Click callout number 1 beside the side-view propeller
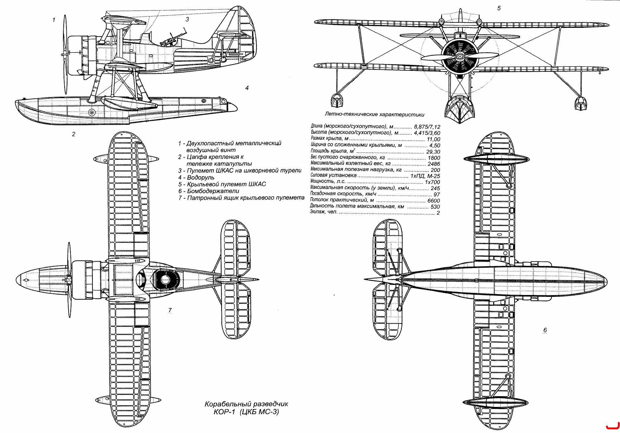point(54,20)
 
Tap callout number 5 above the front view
point(499,8)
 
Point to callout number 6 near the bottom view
point(545,330)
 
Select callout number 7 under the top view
point(170,310)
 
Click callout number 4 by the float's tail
point(247,88)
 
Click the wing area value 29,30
point(433,152)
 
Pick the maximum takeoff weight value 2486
point(434,164)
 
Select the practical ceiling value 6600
point(434,201)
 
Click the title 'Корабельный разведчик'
point(246,404)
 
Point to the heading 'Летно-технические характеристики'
point(375,115)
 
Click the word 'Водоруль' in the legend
point(201,178)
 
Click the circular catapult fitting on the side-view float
point(92,113)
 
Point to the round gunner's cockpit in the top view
point(165,280)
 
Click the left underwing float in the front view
point(337,101)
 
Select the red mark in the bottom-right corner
point(611,427)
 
